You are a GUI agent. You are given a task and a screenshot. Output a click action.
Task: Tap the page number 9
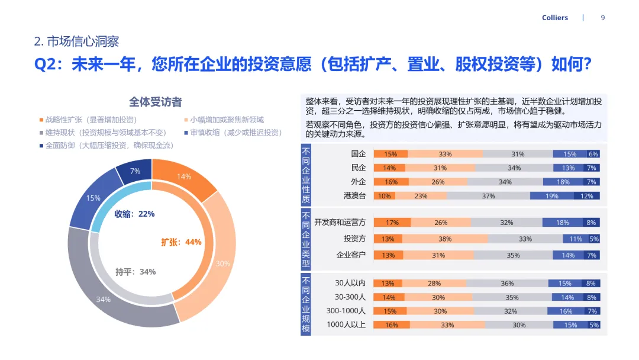pos(602,18)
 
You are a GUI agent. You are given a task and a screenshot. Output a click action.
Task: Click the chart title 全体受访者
pos(155,102)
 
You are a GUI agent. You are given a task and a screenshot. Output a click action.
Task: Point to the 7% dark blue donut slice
pos(135,172)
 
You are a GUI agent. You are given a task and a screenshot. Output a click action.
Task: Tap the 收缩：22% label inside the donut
pos(134,214)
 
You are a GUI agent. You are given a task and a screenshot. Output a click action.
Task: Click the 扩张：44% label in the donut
pos(181,242)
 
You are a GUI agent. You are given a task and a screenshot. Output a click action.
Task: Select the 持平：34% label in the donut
pos(135,272)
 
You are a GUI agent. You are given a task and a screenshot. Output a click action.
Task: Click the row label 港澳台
pos(355,196)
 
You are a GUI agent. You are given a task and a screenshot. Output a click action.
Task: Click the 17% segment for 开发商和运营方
pos(392,223)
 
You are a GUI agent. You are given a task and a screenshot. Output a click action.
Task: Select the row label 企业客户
pos(351,255)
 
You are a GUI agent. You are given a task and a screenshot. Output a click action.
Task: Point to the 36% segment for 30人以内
pos(506,284)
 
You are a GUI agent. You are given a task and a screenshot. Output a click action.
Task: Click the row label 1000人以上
pos(346,325)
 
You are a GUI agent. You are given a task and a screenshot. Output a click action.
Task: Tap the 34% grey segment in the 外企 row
pos(505,182)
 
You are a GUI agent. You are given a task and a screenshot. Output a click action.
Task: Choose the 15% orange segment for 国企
pos(390,154)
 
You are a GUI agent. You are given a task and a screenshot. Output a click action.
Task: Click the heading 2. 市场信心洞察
pos(77,41)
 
